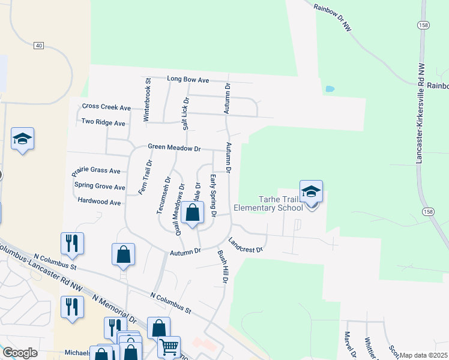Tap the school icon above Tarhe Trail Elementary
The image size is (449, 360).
click(312, 192)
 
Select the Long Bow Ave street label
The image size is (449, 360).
click(188, 79)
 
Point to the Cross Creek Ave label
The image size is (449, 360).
click(106, 107)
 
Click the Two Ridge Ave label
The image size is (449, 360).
click(103, 122)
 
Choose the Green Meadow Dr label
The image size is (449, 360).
click(174, 148)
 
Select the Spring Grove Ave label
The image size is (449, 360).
click(100, 187)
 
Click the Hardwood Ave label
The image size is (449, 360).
click(100, 202)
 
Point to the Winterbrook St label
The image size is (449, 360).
click(146, 100)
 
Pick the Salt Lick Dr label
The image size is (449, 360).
click(185, 113)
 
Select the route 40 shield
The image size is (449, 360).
click(39, 46)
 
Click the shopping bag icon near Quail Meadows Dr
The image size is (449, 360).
click(193, 213)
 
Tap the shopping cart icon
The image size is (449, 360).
click(169, 346)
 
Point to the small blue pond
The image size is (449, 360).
click(330, 89)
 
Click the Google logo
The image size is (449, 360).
click(19, 353)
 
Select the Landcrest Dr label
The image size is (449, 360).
click(246, 241)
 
